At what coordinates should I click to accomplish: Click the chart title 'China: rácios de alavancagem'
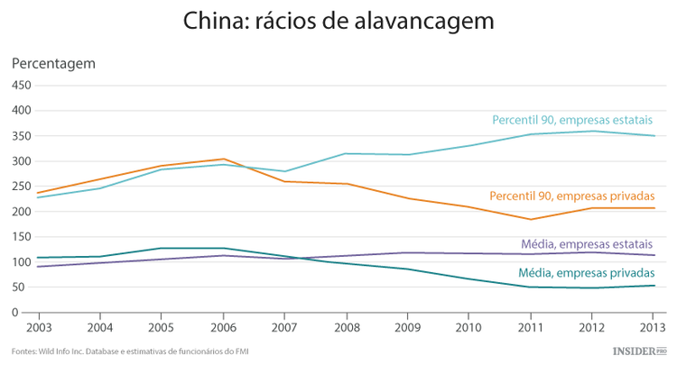[338, 22]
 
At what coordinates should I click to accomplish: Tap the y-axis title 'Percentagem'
[53, 64]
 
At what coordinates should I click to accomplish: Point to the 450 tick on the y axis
[21, 86]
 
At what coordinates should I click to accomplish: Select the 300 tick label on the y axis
[21, 161]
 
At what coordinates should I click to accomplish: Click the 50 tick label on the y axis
[23, 287]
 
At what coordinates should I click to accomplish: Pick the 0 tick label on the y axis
[27, 313]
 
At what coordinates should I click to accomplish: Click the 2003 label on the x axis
[38, 327]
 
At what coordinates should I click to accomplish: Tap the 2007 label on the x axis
[285, 327]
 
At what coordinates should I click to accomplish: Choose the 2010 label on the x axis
[469, 327]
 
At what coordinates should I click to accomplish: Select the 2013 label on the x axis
[654, 327]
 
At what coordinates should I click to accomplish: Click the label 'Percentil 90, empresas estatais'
[573, 120]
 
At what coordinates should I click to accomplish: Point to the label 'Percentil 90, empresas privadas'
[571, 196]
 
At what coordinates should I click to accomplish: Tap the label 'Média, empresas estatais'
[588, 244]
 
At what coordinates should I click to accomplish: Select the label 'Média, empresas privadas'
[587, 273]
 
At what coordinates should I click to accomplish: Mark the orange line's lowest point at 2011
[531, 219]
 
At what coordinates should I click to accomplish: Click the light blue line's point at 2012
[592, 132]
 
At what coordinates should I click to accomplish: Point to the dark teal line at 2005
[162, 248]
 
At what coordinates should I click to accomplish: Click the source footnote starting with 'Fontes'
[131, 351]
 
